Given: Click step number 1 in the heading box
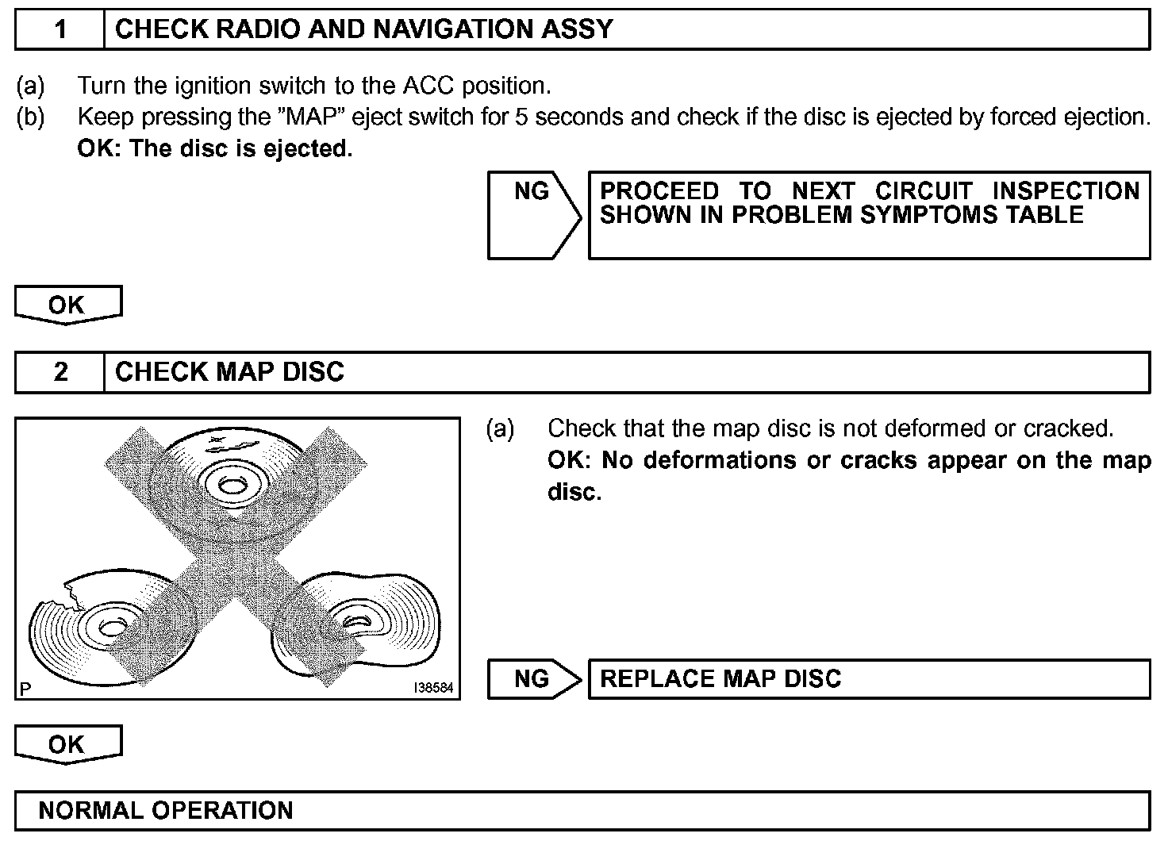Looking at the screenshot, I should [60, 29].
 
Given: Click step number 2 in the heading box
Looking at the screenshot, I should [60, 372].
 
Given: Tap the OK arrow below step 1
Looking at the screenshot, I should [67, 305].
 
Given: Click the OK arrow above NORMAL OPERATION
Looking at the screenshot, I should [67, 744].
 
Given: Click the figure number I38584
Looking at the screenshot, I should [433, 688].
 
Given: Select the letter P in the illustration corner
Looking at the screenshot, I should [25, 689].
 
